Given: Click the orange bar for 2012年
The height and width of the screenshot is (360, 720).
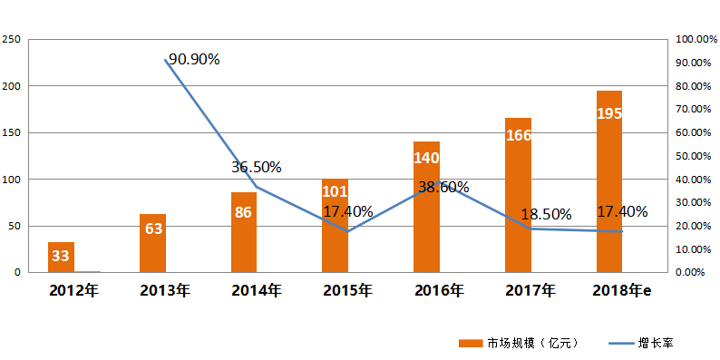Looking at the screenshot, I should [61, 257].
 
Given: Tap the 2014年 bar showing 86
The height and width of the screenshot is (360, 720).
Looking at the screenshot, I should [244, 232].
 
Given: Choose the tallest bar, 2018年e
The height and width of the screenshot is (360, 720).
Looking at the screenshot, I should [609, 181].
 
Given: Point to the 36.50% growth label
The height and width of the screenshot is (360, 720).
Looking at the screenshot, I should [256, 168].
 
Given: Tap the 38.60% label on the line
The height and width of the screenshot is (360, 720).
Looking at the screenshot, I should [443, 188].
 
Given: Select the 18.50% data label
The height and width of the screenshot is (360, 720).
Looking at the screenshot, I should [546, 215].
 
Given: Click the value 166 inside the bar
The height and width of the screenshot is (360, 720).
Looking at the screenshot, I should [519, 136].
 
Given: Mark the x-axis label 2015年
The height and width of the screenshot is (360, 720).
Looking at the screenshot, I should [347, 291].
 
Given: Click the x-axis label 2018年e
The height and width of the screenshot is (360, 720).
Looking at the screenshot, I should [622, 291].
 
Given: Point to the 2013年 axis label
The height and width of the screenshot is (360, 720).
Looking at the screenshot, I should [165, 291].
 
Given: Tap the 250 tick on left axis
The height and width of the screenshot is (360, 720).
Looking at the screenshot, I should [13, 40].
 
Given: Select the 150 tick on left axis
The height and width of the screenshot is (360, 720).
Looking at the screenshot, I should [13, 132].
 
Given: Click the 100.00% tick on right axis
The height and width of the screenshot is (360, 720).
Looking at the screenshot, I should [696, 40].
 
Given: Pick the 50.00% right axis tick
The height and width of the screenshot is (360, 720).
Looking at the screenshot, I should [696, 156].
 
